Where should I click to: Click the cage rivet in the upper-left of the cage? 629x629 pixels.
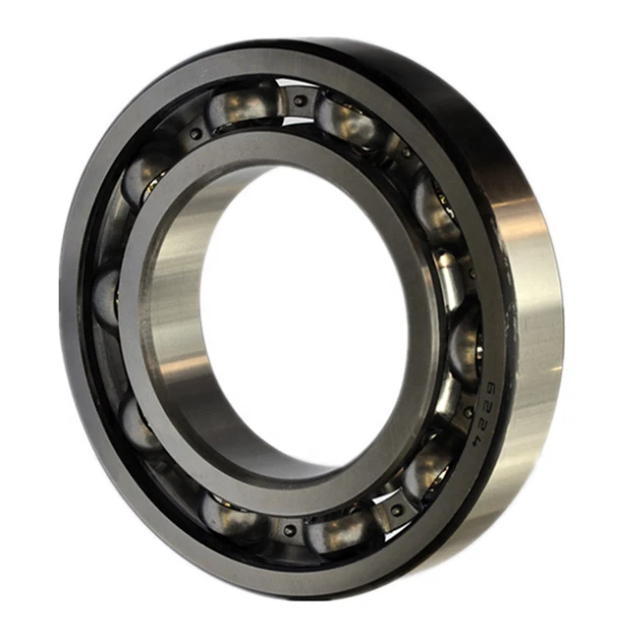coord(196,134)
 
